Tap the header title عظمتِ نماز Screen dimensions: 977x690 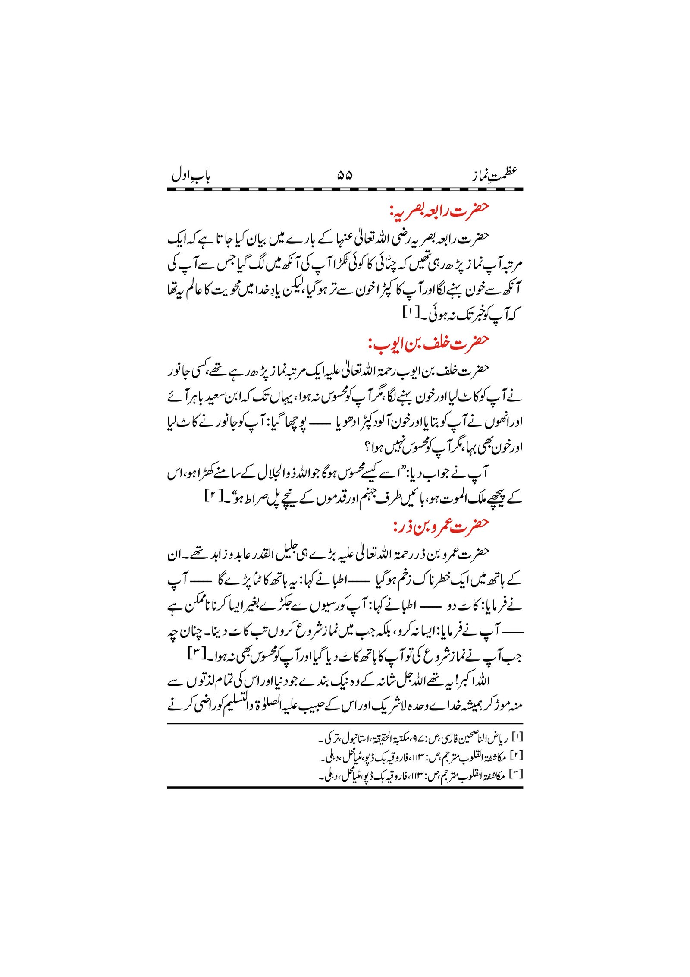pos(493,174)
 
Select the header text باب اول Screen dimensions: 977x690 pos(191,176)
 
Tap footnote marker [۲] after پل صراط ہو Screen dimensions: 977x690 pos(212,496)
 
